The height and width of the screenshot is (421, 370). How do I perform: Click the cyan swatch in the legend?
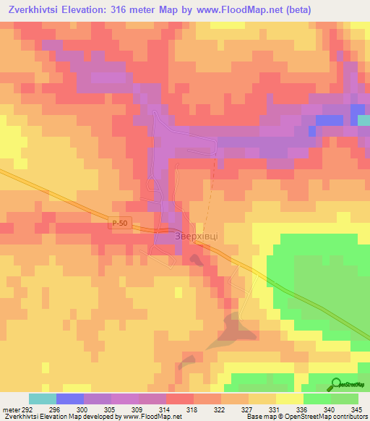pos(43,399)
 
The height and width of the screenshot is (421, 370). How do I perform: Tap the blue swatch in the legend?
pos(70,399)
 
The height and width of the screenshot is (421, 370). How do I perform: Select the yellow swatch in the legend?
pos(290,399)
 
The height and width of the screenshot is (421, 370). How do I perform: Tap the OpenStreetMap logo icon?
pos(337,383)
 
